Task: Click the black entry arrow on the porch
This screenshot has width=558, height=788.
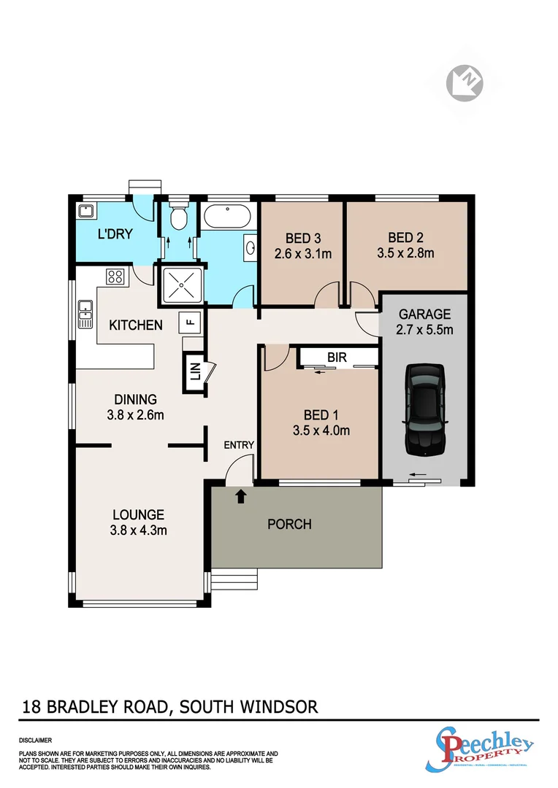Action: [x=242, y=497]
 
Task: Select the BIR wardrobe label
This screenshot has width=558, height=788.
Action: [x=337, y=358]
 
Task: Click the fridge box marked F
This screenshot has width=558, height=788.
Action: [x=191, y=320]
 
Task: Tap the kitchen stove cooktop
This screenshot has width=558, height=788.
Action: [x=115, y=277]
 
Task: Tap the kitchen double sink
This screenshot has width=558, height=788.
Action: [x=85, y=314]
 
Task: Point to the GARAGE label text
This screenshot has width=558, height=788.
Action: [x=424, y=314]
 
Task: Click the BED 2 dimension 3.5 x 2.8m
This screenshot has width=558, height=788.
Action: [x=406, y=253]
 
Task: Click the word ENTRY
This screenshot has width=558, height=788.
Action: [x=239, y=445]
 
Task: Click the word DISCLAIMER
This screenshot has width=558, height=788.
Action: [x=34, y=739]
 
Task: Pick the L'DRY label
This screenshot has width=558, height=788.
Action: [x=115, y=235]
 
